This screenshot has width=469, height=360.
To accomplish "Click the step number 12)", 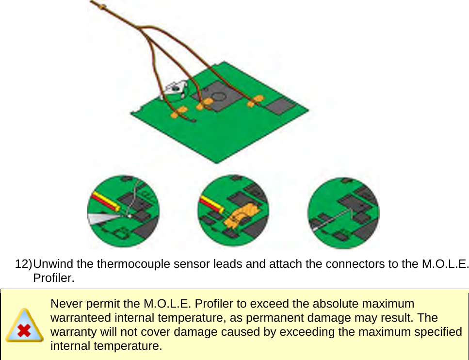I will [x=23, y=264].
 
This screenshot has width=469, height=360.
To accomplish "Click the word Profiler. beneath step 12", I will [x=53, y=278].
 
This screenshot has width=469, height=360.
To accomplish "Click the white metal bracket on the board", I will [x=174, y=88].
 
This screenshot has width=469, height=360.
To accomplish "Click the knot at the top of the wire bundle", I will [x=103, y=6].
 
